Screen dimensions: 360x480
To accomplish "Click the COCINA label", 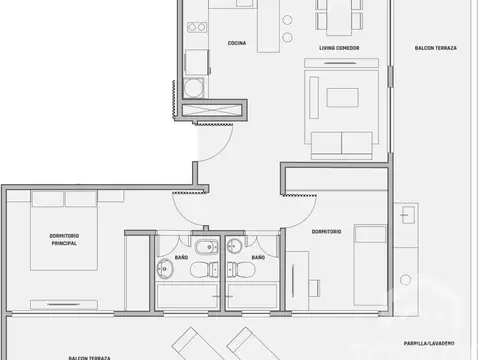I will [x=237, y=43].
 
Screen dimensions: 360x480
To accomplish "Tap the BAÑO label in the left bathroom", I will [x=181, y=257].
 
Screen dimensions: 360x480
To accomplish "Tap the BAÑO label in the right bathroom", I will [x=258, y=257].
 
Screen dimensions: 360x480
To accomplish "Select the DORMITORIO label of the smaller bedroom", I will [x=326, y=232].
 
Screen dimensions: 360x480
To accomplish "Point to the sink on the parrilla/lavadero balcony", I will [x=408, y=213].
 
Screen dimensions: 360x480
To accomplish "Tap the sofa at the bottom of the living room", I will [x=346, y=144].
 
